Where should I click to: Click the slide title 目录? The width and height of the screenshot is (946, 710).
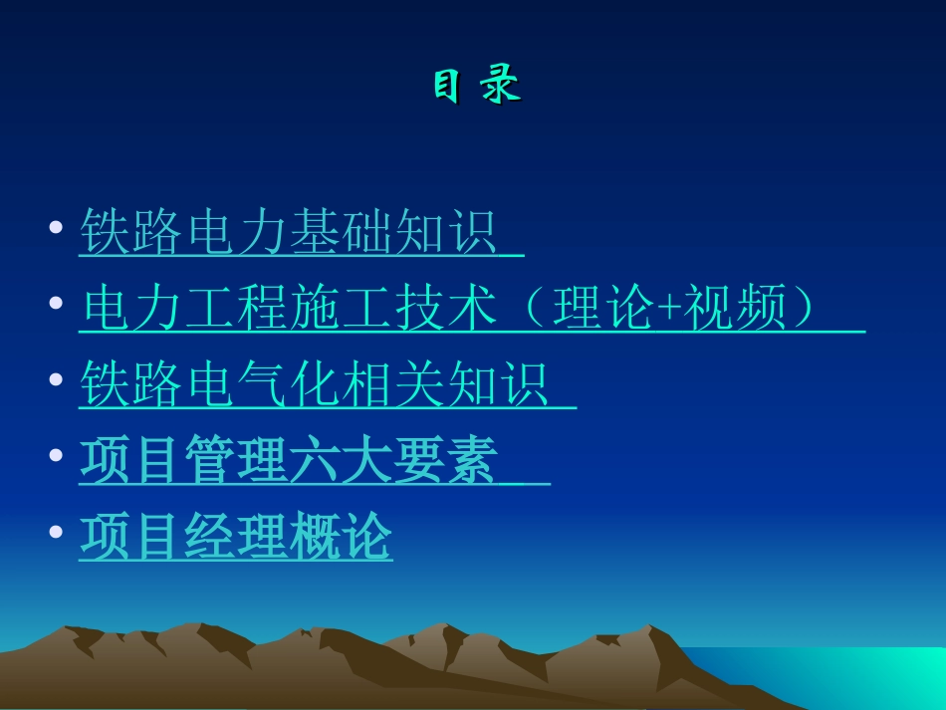(476, 87)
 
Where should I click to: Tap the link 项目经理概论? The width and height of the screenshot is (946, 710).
(236, 538)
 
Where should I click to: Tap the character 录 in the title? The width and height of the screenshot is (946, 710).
(502, 87)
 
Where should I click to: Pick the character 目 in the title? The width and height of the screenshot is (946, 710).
(447, 87)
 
